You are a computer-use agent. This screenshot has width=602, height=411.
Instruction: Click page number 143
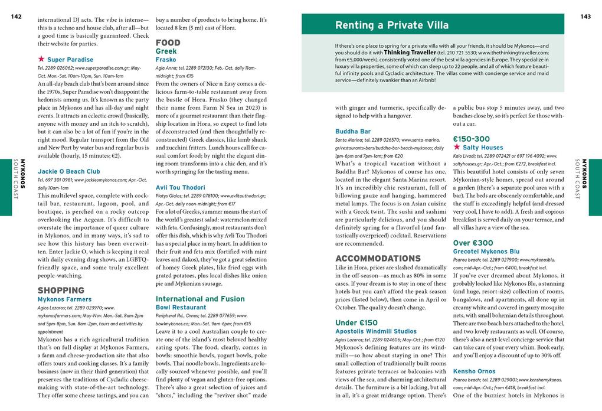point(585,17)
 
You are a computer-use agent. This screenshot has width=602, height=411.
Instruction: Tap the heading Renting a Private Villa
point(392,25)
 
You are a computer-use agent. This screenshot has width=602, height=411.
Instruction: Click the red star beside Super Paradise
point(41,60)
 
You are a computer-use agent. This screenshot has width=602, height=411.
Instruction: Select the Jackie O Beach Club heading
point(68,171)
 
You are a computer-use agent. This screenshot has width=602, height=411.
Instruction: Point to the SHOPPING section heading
point(61,290)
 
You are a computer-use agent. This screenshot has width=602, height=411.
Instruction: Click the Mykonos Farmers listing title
point(64,299)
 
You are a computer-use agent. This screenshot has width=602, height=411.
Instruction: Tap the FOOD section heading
point(168,43)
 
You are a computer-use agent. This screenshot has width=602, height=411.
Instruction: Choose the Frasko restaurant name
point(166,60)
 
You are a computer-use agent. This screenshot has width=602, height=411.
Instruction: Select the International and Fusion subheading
point(199,299)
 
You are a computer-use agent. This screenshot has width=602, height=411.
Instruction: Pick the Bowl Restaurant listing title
point(181,308)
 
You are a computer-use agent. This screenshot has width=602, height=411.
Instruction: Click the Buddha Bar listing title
point(353,131)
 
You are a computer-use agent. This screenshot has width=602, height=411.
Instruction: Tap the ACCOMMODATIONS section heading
point(378,259)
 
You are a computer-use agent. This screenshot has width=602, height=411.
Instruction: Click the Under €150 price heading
point(356,322)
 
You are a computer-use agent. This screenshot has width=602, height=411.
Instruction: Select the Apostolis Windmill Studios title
point(375,331)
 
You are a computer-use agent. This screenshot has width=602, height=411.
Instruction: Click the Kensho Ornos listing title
point(474,371)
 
